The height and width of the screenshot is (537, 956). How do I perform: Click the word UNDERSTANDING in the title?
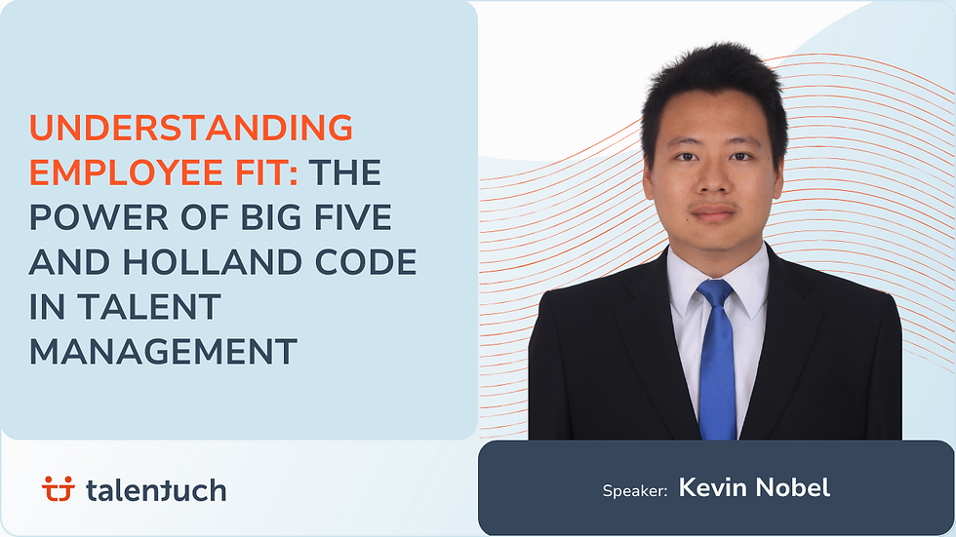tap(190, 128)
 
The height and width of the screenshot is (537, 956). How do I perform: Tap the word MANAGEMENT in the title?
tap(163, 351)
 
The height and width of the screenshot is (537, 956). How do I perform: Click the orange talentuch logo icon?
tap(59, 489)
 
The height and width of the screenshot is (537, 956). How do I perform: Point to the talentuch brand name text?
tap(155, 489)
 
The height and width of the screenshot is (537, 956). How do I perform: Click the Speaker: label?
tap(634, 490)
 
